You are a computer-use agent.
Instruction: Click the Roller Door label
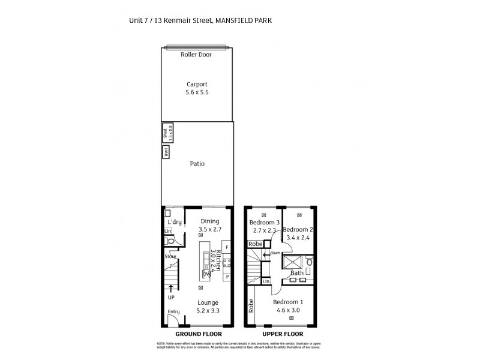click(196, 55)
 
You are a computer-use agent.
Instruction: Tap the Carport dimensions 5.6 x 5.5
click(197, 92)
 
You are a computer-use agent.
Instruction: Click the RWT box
click(166, 152)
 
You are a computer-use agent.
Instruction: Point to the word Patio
click(197, 163)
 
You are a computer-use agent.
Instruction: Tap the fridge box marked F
click(227, 248)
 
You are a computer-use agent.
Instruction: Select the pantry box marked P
click(227, 277)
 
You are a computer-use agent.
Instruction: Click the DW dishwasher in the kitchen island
click(206, 274)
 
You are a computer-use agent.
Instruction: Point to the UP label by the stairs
click(171, 298)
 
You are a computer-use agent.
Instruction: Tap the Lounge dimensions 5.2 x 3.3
click(208, 311)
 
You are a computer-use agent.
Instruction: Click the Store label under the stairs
click(170, 257)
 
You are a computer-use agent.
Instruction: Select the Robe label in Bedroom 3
click(256, 244)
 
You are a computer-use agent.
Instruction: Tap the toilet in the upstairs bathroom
click(310, 262)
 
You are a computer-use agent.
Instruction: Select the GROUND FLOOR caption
click(199, 334)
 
